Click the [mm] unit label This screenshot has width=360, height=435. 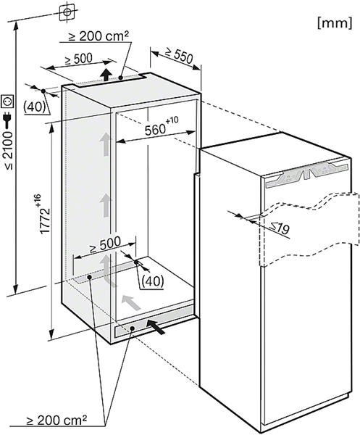pyautogui.click(x=335, y=22)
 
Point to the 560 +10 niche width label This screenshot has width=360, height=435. pyautogui.click(x=162, y=126)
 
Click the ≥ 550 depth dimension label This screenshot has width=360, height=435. pyautogui.click(x=179, y=56)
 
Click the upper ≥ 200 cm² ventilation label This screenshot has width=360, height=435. pyautogui.click(x=99, y=36)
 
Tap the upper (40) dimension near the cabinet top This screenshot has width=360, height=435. pyautogui.click(x=34, y=107)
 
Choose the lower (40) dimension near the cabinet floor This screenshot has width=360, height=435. pyautogui.click(x=152, y=281)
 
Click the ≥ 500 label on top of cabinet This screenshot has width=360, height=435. pyautogui.click(x=78, y=59)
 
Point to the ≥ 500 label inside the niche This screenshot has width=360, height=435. pyautogui.click(x=106, y=244)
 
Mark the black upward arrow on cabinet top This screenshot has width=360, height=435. pyautogui.click(x=106, y=75)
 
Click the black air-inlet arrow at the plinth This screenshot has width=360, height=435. pyautogui.click(x=156, y=326)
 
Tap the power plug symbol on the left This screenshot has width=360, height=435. pyautogui.click(x=8, y=120)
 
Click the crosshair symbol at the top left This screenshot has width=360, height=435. pyautogui.click(x=67, y=12)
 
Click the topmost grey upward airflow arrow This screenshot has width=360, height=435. pyautogui.click(x=105, y=144)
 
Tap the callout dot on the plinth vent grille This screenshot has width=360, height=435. pyautogui.click(x=133, y=328)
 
